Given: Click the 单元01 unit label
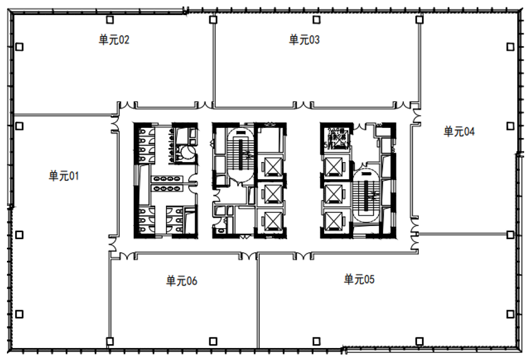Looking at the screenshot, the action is pyautogui.click(x=64, y=176).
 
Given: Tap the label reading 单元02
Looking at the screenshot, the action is pyautogui.click(x=114, y=40).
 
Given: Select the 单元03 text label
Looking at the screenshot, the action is pyautogui.click(x=304, y=40).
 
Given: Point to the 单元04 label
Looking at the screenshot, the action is pyautogui.click(x=459, y=132).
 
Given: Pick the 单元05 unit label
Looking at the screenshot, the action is pyautogui.click(x=359, y=279).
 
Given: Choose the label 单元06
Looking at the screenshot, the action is pyautogui.click(x=182, y=281).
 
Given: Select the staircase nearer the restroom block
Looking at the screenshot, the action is pyautogui.click(x=241, y=154).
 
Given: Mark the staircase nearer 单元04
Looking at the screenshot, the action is pyautogui.click(x=366, y=196).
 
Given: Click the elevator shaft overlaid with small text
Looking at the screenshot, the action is pyautogui.click(x=336, y=138).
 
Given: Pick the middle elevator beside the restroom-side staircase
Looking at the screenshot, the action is pyautogui.click(x=273, y=194).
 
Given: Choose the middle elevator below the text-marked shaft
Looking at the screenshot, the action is pyautogui.click(x=334, y=194).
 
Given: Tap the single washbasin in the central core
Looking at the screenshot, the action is pyautogui.click(x=221, y=231).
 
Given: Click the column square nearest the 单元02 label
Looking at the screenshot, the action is pyautogui.click(x=110, y=20).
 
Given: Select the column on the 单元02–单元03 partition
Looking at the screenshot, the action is pyautogui.click(x=213, y=20).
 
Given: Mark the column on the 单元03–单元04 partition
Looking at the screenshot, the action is pyautogui.click(x=419, y=20).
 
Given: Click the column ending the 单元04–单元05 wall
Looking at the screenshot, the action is pyautogui.click(x=510, y=235).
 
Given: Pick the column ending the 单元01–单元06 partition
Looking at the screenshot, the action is pyautogui.click(x=110, y=342).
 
